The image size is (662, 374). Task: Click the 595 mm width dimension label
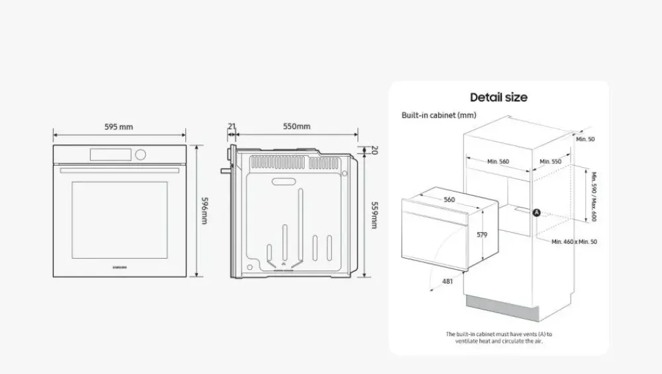(118, 127)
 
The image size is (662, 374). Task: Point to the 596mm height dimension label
(204, 210)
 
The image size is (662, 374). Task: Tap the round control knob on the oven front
(140, 155)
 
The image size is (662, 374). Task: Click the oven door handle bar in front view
(119, 170)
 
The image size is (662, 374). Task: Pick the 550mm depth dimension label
(297, 127)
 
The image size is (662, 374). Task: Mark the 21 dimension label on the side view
(232, 127)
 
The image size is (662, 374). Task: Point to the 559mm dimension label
(374, 215)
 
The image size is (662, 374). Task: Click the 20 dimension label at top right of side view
(374, 150)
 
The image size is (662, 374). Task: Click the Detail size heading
(498, 97)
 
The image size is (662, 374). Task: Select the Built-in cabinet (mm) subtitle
(439, 115)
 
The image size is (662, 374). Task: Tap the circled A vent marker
(537, 212)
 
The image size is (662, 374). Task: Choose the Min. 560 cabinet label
(498, 162)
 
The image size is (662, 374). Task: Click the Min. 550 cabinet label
(551, 162)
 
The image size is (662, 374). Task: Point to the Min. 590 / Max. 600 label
(594, 196)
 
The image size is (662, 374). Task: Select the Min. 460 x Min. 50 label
(575, 242)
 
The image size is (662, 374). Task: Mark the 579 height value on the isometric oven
(482, 235)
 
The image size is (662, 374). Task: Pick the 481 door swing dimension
(448, 282)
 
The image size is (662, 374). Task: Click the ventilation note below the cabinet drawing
(498, 338)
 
